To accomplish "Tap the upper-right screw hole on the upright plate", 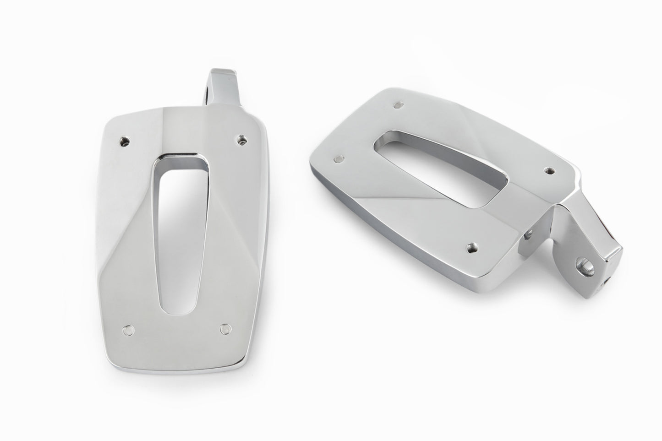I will [x=241, y=138].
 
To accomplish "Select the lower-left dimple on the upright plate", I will [x=128, y=329].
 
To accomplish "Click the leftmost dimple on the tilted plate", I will [x=338, y=158].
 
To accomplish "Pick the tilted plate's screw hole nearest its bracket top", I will [x=548, y=171].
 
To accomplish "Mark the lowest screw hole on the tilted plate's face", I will [x=471, y=248].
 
